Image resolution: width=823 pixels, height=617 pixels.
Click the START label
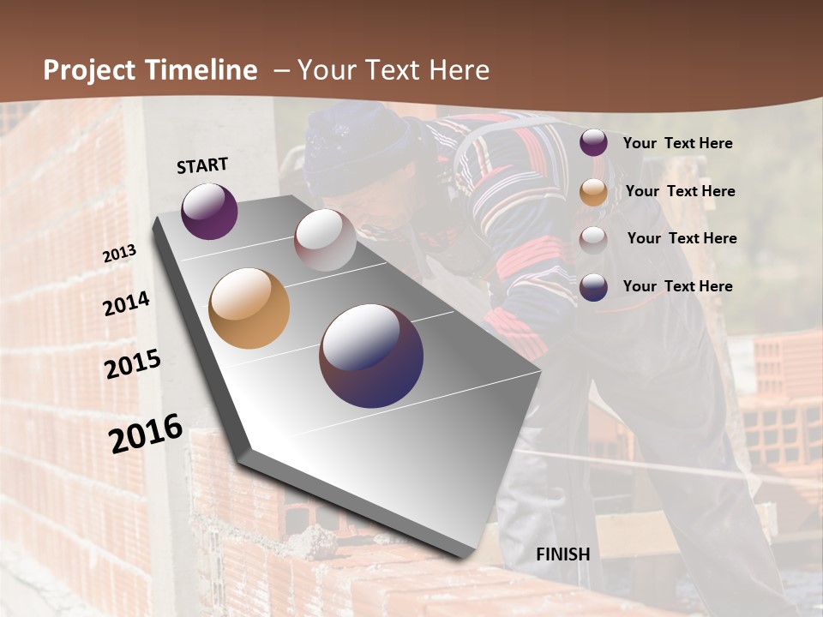pyautogui.click(x=202, y=165)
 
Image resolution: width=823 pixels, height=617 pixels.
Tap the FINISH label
pyautogui.click(x=563, y=554)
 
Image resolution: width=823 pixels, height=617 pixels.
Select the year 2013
pyautogui.click(x=120, y=254)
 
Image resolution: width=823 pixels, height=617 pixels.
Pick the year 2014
pyautogui.click(x=126, y=303)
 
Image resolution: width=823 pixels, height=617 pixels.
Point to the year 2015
pyautogui.click(x=133, y=363)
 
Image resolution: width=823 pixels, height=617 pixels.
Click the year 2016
pyautogui.click(x=146, y=433)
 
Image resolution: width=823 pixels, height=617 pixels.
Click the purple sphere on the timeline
pyautogui.click(x=209, y=211)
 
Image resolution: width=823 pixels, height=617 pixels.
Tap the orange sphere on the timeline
pyautogui.click(x=249, y=308)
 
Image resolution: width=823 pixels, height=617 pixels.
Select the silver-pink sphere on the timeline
pyautogui.click(x=325, y=240)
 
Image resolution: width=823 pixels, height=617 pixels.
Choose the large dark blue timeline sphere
pyautogui.click(x=371, y=356)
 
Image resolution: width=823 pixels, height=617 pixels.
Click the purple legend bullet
pyautogui.click(x=593, y=143)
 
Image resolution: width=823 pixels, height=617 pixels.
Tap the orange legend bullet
pyautogui.click(x=593, y=191)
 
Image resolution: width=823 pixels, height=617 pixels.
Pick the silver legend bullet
pyautogui.click(x=593, y=239)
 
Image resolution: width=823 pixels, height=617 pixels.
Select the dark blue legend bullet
pyautogui.click(x=593, y=286)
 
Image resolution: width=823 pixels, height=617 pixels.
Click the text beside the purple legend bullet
pyautogui.click(x=677, y=143)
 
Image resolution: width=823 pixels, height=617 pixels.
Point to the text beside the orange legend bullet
pyautogui.click(x=680, y=191)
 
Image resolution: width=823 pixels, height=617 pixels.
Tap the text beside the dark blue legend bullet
pyautogui.click(x=677, y=286)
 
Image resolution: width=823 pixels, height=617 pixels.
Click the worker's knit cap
pyautogui.click(x=357, y=146)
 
